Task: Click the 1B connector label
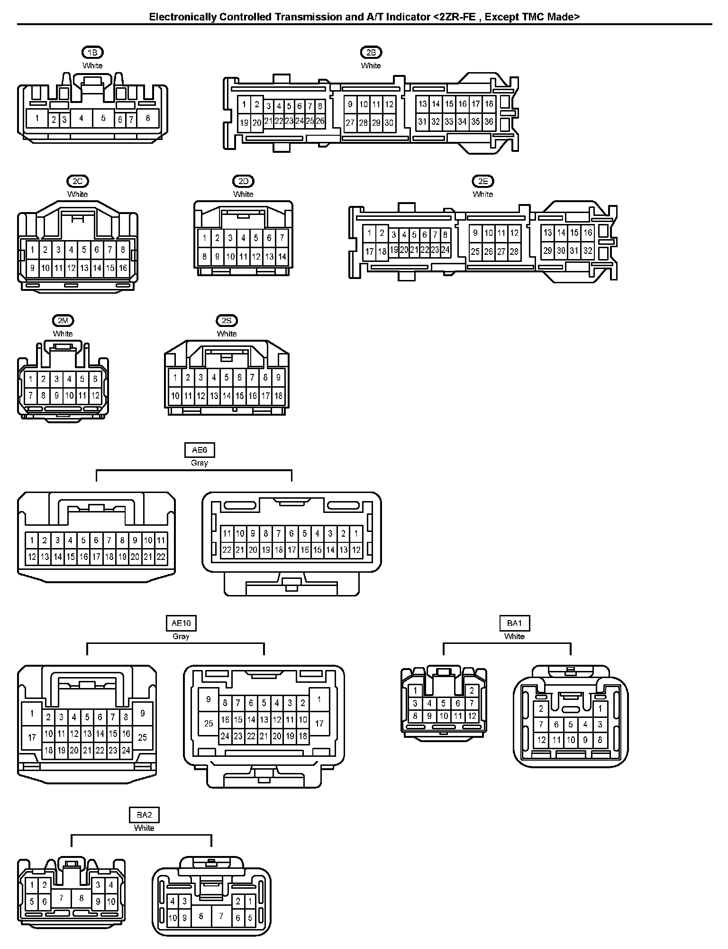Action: point(92,52)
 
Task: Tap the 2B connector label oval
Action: point(371,52)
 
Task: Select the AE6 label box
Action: point(200,449)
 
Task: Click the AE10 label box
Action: point(181,623)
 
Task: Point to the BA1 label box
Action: point(514,623)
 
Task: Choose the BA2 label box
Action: point(144,815)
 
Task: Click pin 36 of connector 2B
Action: point(489,122)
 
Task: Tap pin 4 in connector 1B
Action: point(81,118)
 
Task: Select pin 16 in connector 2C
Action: point(123,268)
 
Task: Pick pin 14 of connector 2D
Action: point(282,257)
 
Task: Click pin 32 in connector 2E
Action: point(588,251)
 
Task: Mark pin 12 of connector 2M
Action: point(95,395)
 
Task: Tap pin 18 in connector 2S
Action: point(278,395)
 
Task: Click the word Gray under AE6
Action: point(200,463)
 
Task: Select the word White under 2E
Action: point(482,194)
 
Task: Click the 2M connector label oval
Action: point(63,321)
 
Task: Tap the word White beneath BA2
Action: point(144,828)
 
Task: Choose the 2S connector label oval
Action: point(227,321)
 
